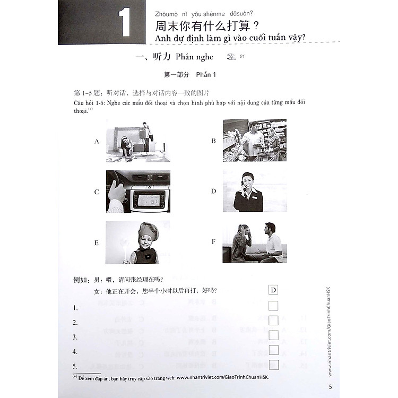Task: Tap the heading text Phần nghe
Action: [x=196, y=57]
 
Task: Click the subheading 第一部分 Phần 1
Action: [x=194, y=75]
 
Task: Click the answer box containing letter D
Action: [x=273, y=290]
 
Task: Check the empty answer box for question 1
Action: [x=273, y=306]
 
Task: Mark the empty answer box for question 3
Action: [x=273, y=335]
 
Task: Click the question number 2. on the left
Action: [x=75, y=322]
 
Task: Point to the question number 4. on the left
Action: [x=75, y=351]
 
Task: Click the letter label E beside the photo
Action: [x=97, y=243]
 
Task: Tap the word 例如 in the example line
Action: [x=79, y=280]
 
